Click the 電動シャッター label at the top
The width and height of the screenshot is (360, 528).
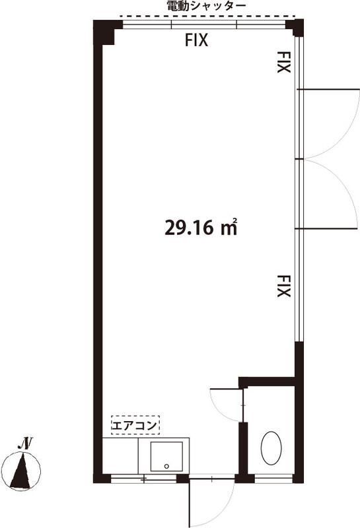207,6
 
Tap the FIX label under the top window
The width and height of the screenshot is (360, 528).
197,40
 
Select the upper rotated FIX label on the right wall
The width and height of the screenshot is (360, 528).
283,62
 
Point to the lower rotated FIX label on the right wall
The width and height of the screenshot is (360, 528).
283,286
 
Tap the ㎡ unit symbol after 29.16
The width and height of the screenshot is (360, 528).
229,227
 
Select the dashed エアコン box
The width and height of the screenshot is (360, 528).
135,425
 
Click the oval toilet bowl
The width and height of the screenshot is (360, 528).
271,448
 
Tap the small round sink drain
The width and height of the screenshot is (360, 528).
166,466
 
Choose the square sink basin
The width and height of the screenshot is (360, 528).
166,456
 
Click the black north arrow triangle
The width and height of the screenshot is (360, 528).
21,471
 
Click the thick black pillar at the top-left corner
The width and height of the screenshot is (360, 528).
104,32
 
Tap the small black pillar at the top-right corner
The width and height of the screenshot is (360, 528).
294,28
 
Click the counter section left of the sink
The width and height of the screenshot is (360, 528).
120,456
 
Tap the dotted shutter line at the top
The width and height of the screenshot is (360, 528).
208,16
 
